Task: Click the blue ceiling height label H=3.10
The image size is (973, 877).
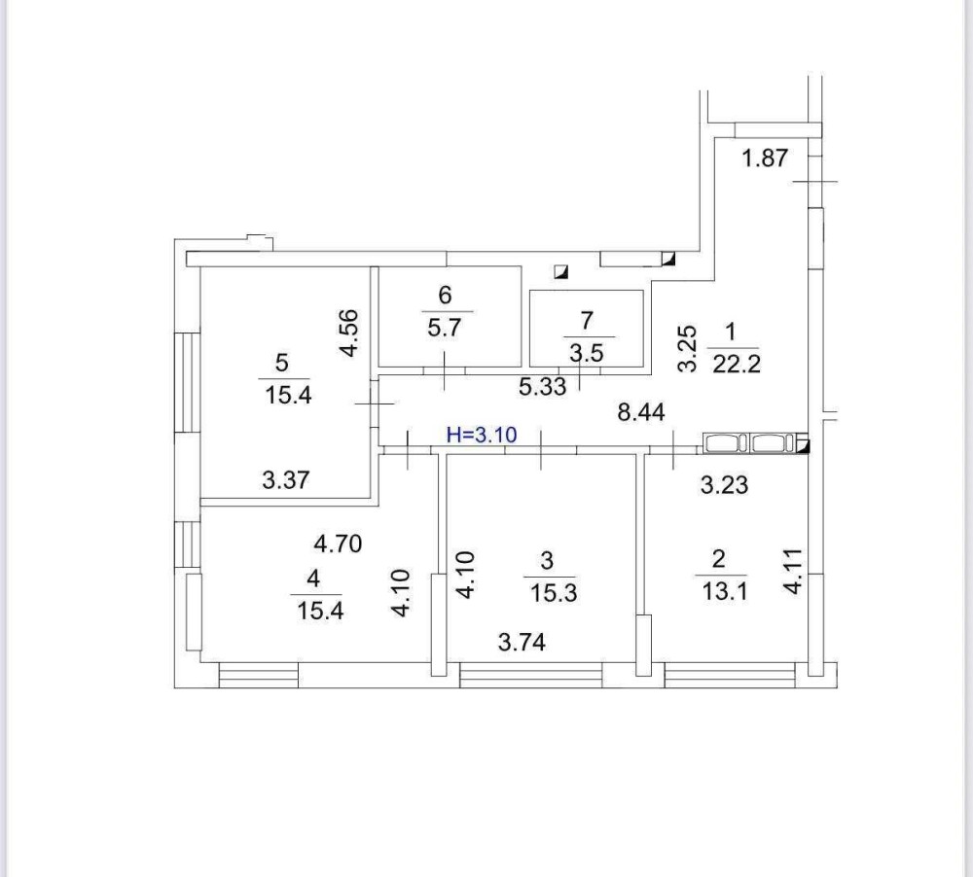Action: coord(482,435)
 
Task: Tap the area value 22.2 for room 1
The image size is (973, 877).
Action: coord(736,364)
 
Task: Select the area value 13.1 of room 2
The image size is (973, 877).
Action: coord(724,591)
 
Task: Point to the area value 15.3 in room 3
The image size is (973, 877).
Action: coord(554,593)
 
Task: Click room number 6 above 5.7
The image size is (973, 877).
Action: coord(445,296)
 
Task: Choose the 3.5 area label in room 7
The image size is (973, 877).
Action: coord(587,354)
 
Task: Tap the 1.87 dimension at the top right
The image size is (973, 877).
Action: coord(765,158)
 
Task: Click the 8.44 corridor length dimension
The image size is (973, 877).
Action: coord(641,412)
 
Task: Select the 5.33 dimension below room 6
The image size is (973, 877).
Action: coord(543,387)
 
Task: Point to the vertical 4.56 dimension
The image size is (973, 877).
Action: coord(348,333)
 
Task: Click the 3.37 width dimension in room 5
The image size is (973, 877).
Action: coord(285,480)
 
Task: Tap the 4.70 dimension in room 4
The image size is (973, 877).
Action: coord(338,544)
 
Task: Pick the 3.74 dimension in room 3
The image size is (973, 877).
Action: coord(522,643)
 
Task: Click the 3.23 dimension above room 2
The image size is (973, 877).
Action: coord(724,485)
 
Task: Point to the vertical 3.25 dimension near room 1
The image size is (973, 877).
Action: coord(687,349)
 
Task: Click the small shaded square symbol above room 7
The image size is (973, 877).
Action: coord(561,271)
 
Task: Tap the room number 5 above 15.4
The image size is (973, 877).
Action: coord(282,363)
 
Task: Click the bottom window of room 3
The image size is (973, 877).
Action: coord(531,675)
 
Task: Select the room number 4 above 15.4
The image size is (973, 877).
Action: coord(313,579)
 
